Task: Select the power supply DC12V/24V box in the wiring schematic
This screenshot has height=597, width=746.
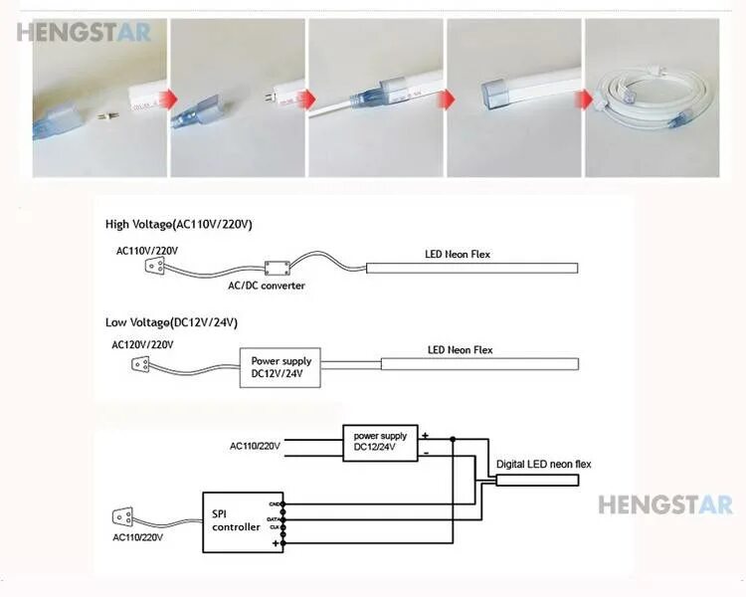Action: click(380, 442)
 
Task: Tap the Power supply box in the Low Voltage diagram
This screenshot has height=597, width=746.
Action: click(280, 366)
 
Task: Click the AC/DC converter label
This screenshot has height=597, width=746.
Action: click(267, 286)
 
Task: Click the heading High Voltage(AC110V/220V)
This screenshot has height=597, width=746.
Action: click(179, 224)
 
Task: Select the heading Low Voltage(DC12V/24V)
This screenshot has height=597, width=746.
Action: click(172, 322)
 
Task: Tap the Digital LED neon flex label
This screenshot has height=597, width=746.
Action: click(543, 464)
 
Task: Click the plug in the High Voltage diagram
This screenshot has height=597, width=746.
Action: click(154, 266)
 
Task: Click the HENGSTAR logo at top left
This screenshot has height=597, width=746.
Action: click(84, 32)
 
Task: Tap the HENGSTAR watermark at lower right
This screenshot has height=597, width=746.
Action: click(664, 504)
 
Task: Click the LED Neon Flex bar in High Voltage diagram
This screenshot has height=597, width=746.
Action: click(471, 268)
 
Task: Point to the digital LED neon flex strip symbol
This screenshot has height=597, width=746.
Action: click(537, 479)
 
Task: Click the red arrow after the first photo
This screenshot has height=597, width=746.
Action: click(170, 99)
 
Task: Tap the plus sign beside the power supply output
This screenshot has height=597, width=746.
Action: click(425, 435)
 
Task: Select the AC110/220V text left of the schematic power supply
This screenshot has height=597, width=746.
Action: click(256, 445)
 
